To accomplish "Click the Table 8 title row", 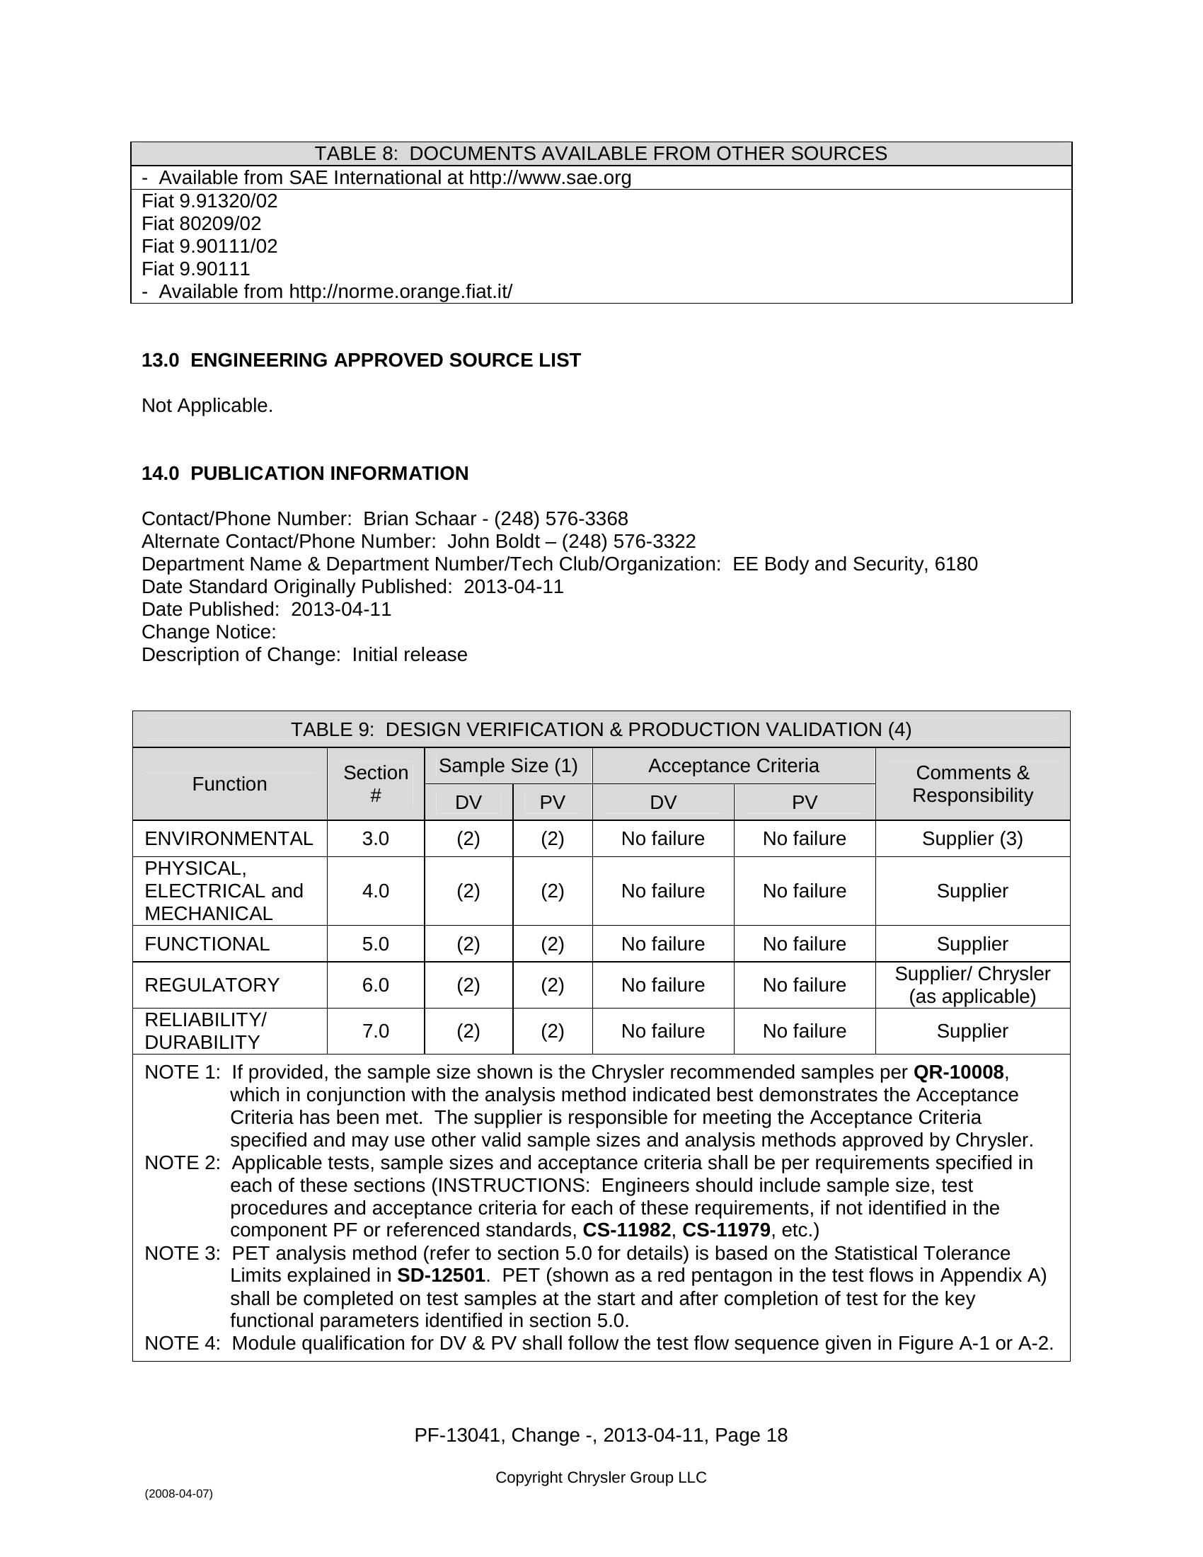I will coord(601,154).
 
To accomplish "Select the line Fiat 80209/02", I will coord(202,224).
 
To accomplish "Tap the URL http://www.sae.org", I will coord(549,178).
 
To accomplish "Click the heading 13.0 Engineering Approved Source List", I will coord(362,361).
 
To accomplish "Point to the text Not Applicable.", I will coord(207,406).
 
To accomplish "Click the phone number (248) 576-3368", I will coord(561,519).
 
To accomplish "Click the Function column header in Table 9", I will coord(229,784).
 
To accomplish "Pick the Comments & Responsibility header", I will coord(972,784).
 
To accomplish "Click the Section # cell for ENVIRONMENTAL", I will coord(376,839).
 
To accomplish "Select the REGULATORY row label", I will coord(212,985).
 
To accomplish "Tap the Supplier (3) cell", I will coord(972,839).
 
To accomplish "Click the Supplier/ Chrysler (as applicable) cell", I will coord(972,985).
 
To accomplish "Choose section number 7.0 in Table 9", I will coord(376,1032).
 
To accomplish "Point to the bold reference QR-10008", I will coord(958,1072).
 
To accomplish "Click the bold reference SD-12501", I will coord(441,1275).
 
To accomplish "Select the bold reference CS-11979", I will coord(726,1231).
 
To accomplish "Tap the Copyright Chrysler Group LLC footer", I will coord(601,1478).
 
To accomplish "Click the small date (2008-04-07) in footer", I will coord(179,1493).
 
